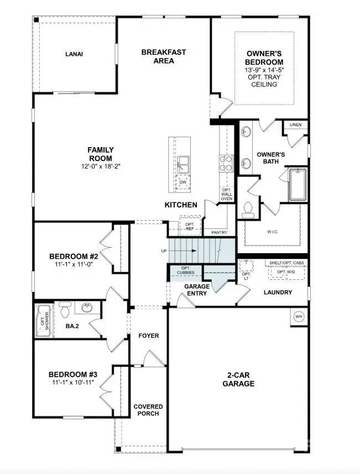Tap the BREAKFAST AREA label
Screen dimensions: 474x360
(164, 56)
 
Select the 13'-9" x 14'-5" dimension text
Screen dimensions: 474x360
(265, 70)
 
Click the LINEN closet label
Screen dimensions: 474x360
(295, 125)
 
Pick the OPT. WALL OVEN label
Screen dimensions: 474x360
(227, 195)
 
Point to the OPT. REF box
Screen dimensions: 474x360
(190, 226)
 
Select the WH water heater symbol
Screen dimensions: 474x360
(299, 317)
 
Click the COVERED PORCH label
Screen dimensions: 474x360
(147, 410)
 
